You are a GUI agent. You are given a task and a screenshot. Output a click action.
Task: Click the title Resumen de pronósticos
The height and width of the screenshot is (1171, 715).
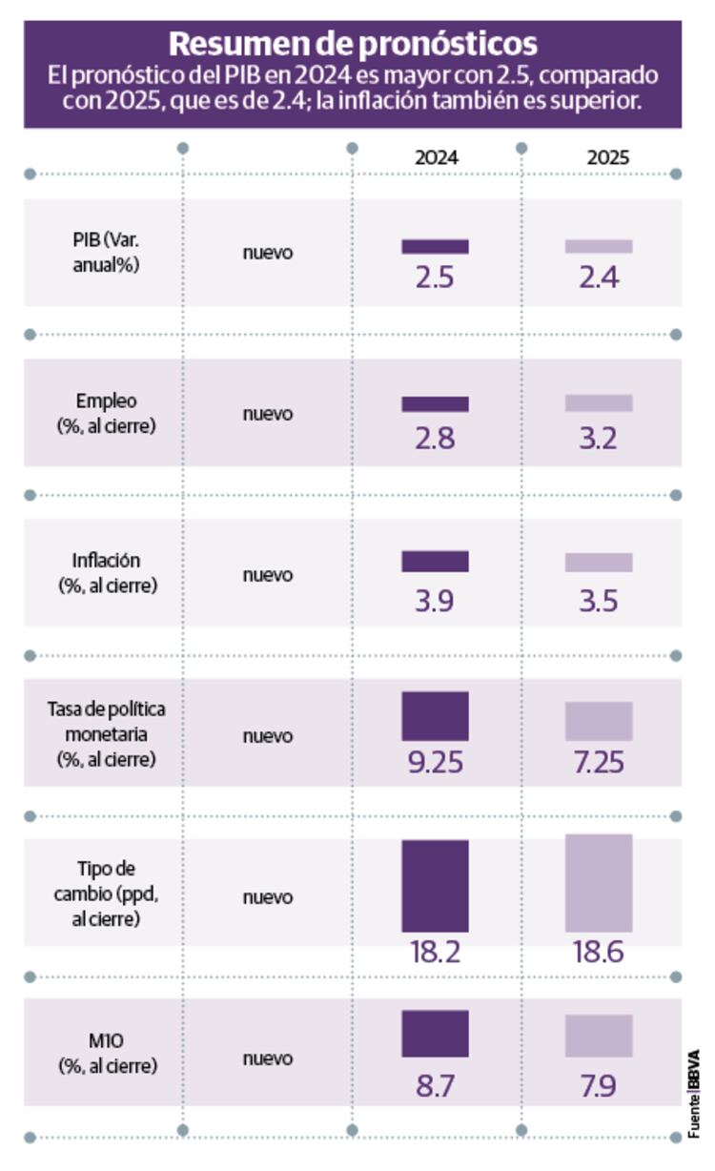point(353,43)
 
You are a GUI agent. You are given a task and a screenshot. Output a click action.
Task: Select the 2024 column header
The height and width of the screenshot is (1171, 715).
point(436,158)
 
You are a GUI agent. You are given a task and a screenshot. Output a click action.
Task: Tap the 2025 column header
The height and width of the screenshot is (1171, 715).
point(607,158)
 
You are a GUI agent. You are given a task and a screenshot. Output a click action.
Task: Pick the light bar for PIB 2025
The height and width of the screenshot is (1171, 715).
point(599,246)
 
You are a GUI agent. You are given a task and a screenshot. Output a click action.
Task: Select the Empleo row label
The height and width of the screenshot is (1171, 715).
point(106,413)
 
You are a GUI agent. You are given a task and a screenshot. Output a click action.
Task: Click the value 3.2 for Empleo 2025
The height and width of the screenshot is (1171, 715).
point(599,438)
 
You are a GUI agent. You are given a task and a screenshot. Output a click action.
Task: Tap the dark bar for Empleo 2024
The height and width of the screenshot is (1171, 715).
point(435,403)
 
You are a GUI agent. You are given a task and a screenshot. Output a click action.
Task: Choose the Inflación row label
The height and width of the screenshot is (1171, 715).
point(106,572)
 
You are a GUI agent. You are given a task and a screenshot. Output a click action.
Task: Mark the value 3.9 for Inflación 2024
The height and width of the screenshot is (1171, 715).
point(435,599)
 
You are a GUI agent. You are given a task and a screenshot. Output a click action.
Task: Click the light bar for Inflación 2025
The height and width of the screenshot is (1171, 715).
point(599,562)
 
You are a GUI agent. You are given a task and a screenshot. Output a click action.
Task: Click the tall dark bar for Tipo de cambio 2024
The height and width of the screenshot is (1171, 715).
point(435,885)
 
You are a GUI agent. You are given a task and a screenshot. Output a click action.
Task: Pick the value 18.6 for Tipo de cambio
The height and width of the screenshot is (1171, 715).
point(599,952)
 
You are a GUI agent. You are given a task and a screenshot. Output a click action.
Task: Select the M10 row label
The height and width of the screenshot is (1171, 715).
point(106,1055)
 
